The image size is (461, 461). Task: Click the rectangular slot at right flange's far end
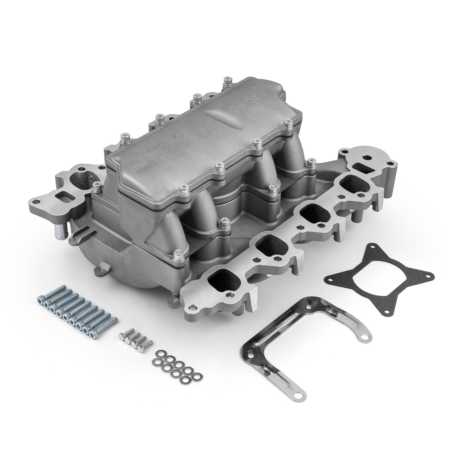click(362, 167)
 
